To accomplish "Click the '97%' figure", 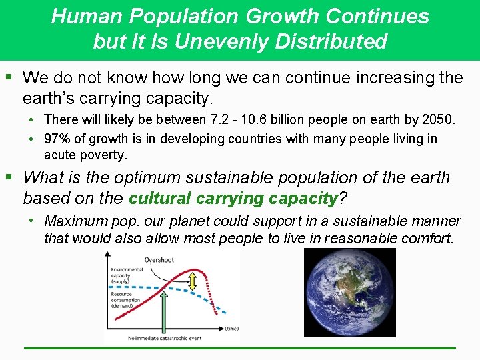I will (x=57, y=139).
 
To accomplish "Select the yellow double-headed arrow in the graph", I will (x=193, y=283).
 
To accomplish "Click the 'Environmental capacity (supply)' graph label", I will (x=127, y=274).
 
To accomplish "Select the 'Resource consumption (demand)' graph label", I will (x=126, y=300).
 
